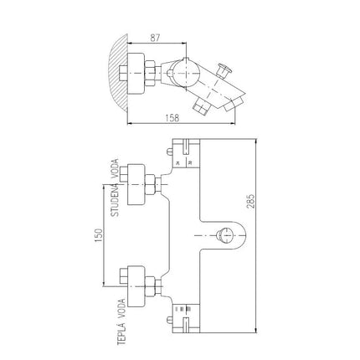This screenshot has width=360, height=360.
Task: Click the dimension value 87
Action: click(x=155, y=38)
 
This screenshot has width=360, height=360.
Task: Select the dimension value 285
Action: click(x=250, y=201)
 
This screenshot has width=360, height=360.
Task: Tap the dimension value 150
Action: click(x=99, y=235)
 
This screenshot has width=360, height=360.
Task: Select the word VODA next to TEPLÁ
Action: click(x=121, y=308)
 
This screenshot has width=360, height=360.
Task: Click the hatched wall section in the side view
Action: click(x=119, y=73)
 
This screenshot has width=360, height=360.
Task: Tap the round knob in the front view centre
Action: click(x=224, y=235)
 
